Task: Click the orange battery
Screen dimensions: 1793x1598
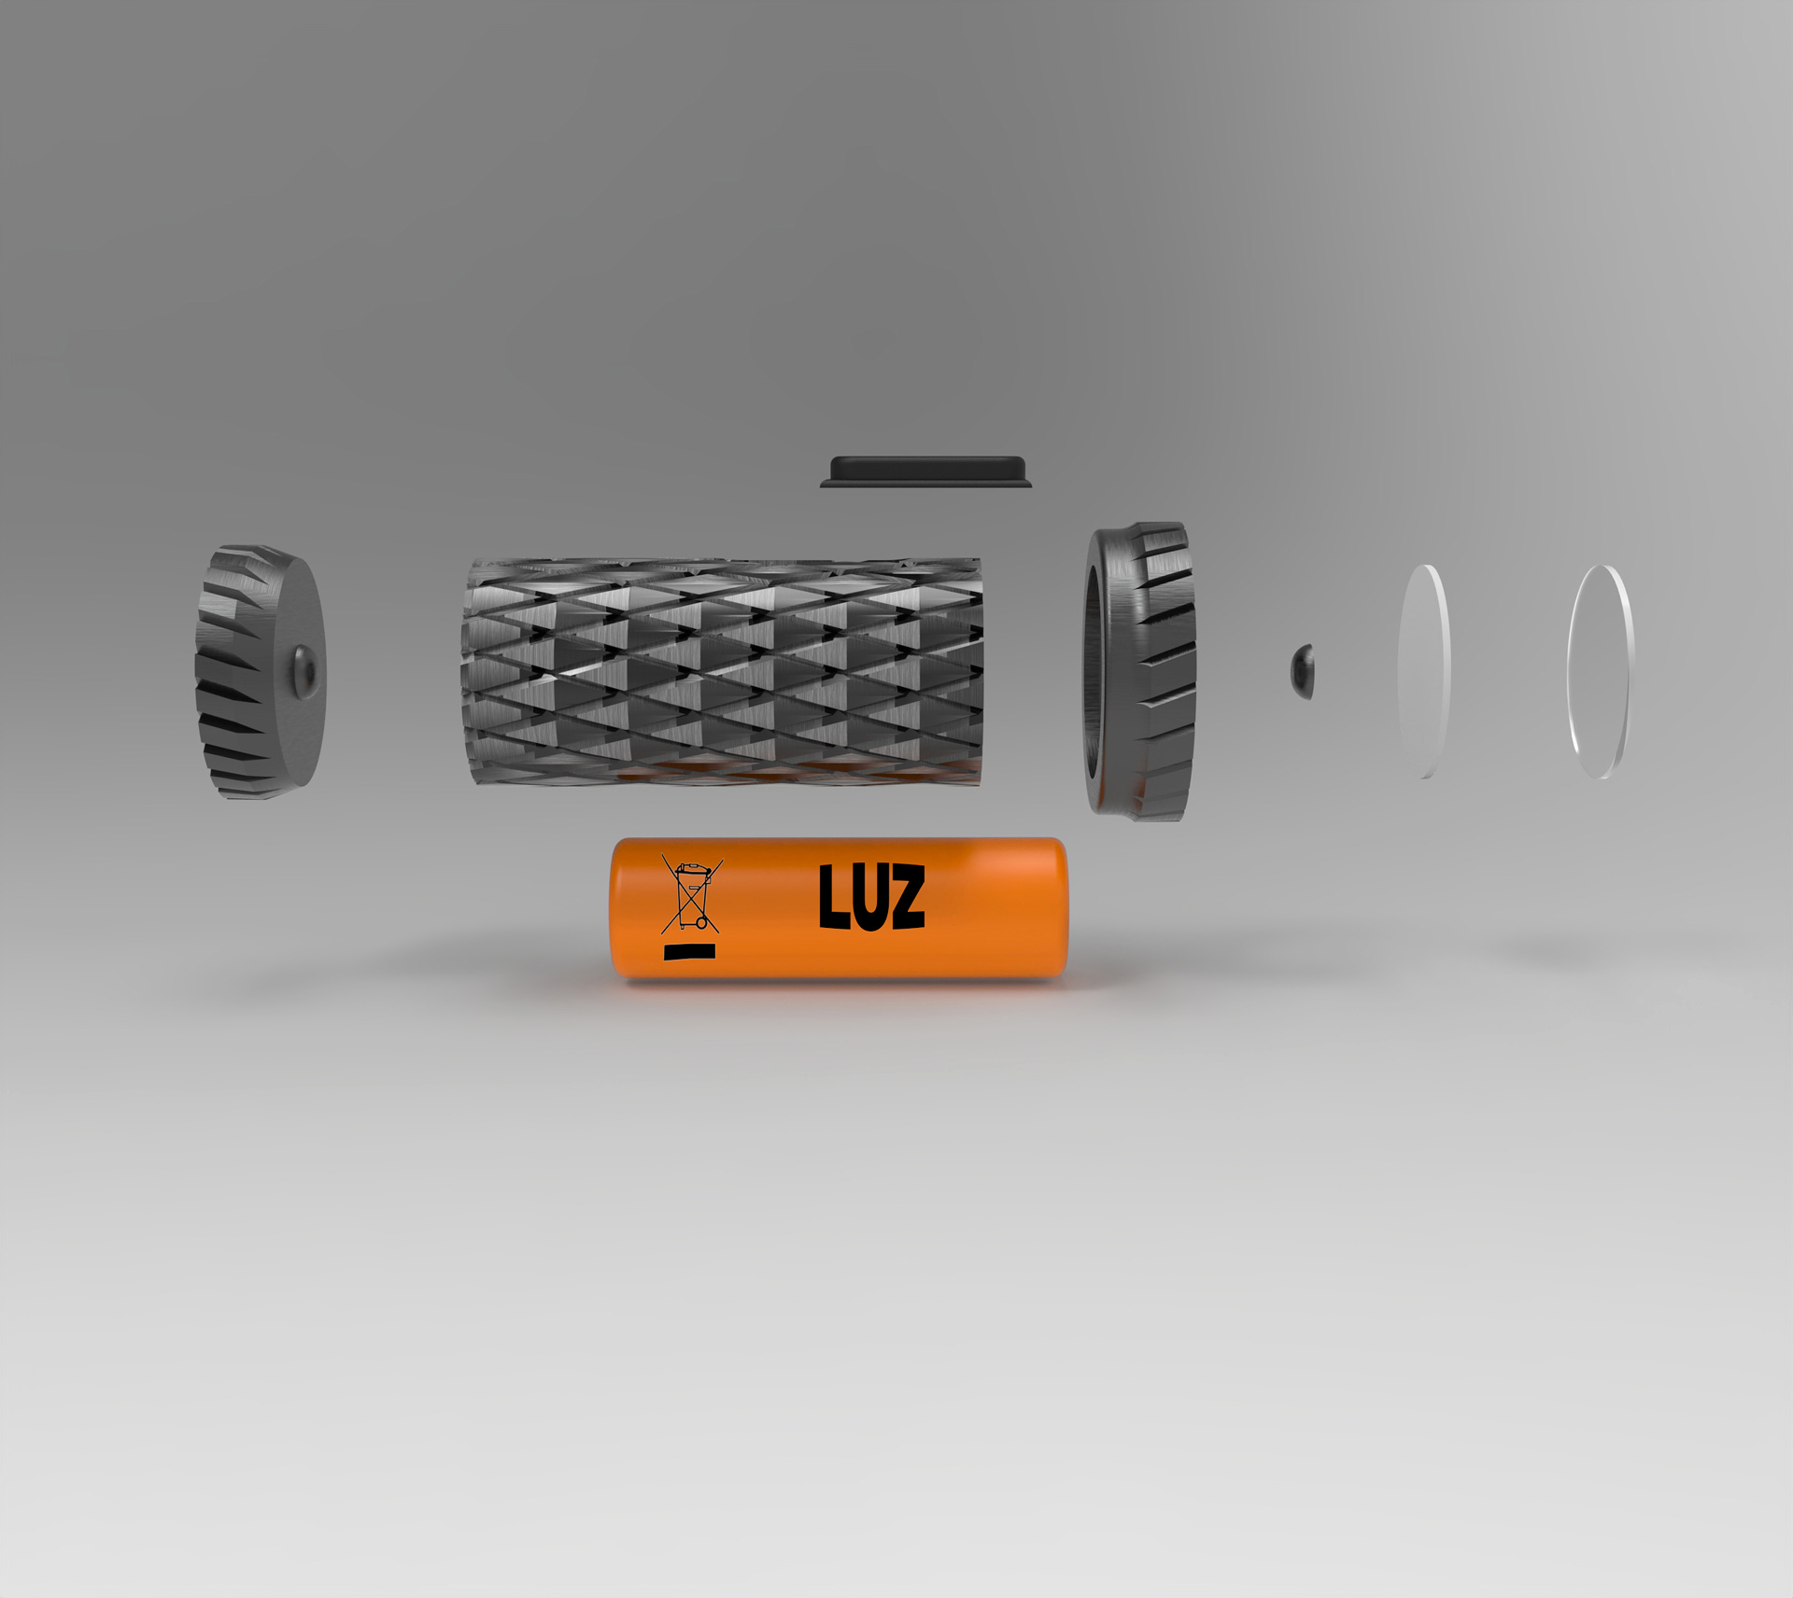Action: click(838, 908)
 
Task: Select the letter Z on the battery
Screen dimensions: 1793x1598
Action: click(905, 897)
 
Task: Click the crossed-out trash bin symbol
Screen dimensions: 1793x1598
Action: click(691, 894)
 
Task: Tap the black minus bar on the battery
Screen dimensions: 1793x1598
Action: click(689, 952)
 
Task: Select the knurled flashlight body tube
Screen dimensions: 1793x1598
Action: click(722, 670)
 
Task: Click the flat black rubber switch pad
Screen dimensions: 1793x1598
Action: click(926, 471)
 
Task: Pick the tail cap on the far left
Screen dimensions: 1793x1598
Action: click(260, 672)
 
